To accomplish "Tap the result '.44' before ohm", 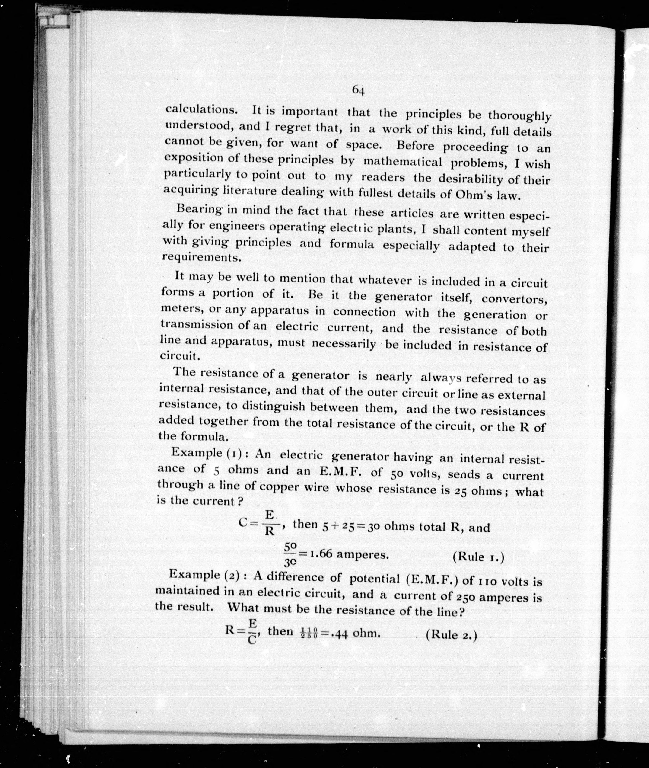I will tap(339, 634).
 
